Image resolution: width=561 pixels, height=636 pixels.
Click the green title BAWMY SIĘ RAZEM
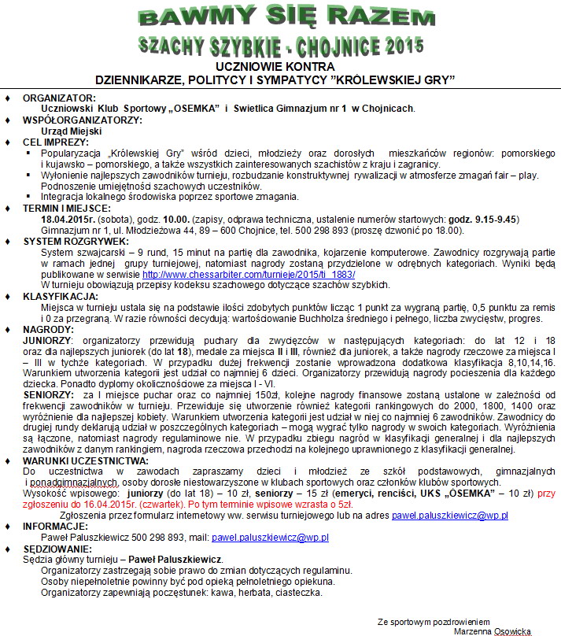click(280, 17)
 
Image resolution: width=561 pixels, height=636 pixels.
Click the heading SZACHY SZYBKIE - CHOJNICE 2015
click(280, 45)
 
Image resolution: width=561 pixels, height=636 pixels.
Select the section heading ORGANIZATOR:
click(59, 97)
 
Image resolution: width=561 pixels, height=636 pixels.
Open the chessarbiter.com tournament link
click(249, 274)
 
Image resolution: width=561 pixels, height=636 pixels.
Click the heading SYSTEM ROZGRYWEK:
click(76, 241)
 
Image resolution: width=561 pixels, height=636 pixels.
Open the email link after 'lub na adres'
click(449, 516)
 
